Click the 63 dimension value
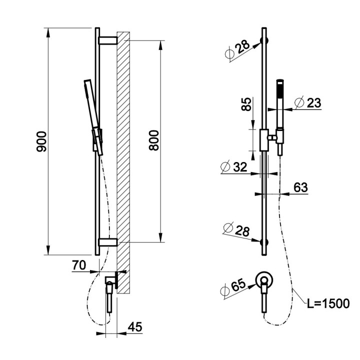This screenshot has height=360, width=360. (300, 187)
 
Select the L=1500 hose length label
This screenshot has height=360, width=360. (327, 303)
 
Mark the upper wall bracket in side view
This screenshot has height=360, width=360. (107, 40)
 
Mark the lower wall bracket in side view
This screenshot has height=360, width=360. (107, 242)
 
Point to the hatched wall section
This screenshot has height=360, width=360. (123, 160)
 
